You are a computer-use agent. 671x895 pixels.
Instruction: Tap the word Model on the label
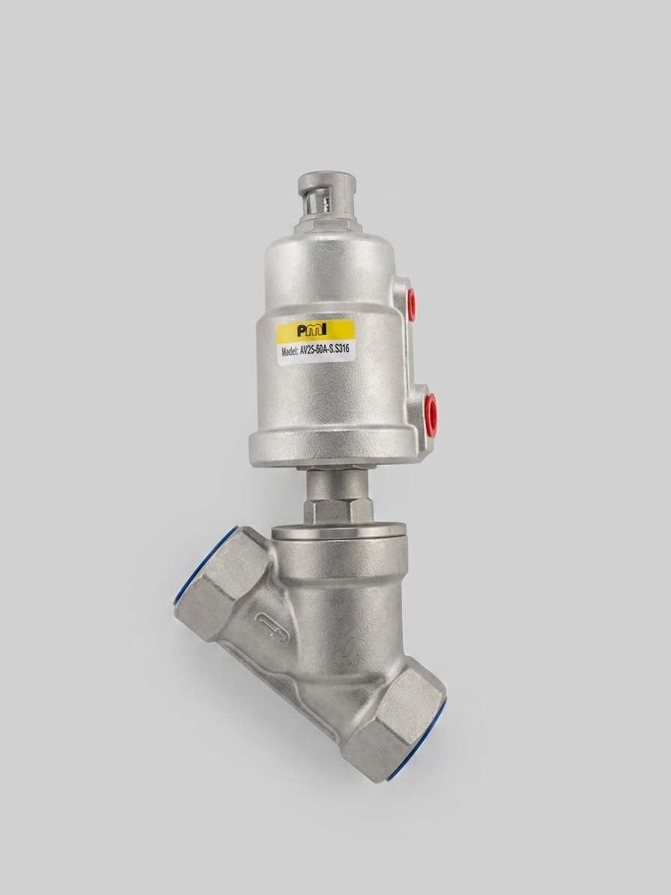[x=290, y=351]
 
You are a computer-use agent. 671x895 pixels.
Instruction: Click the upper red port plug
[x=411, y=304]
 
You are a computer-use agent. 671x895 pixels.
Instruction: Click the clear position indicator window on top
[x=324, y=205]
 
